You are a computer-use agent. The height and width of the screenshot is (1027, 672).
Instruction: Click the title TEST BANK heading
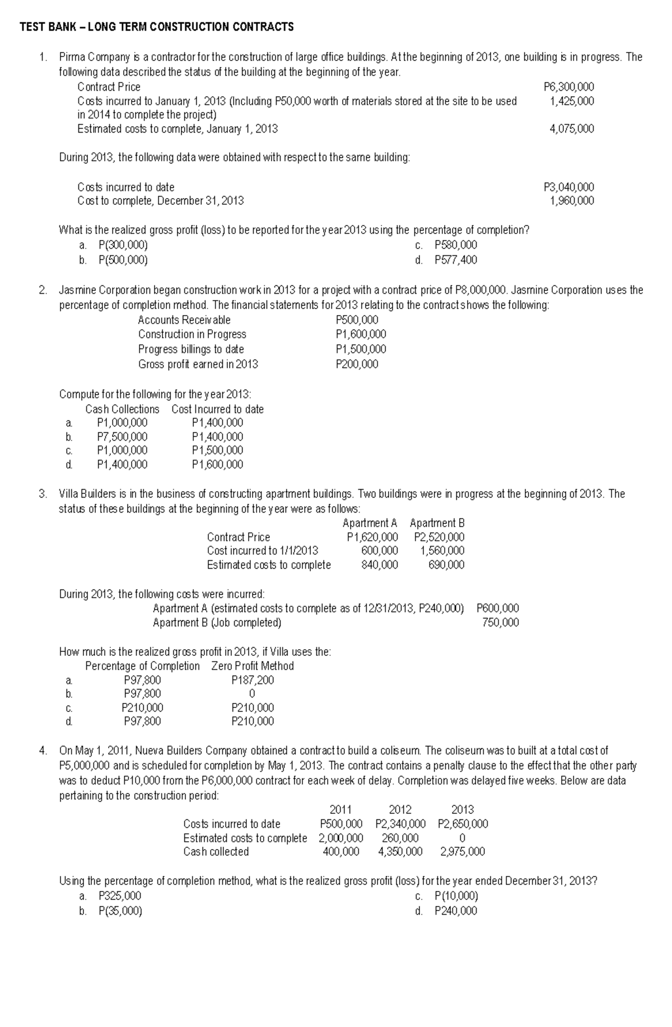[x=156, y=27]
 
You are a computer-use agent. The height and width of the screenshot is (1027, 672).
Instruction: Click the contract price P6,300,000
[x=569, y=87]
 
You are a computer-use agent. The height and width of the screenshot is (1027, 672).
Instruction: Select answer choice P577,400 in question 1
[x=456, y=260]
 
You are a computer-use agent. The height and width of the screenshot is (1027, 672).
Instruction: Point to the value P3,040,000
[x=569, y=187]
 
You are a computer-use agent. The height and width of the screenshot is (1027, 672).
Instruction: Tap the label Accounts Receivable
[x=184, y=320]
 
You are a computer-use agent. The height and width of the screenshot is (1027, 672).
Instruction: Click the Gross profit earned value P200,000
[x=357, y=364]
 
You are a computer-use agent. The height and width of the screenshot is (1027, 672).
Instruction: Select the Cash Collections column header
[x=122, y=409]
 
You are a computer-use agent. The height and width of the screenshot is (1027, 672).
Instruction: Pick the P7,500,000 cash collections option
[x=122, y=437]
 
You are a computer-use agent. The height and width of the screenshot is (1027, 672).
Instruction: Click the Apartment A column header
[x=370, y=523]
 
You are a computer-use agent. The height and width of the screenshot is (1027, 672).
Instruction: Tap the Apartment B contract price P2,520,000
[x=439, y=537]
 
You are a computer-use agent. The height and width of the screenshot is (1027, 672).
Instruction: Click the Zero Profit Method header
[x=253, y=666]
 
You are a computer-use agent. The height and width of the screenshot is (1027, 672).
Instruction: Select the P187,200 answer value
[x=253, y=680]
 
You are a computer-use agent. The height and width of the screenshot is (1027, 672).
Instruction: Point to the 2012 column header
[x=400, y=809]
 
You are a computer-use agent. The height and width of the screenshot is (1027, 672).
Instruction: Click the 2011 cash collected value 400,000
[x=341, y=851]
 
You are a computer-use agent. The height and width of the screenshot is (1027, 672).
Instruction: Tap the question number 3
[x=43, y=494]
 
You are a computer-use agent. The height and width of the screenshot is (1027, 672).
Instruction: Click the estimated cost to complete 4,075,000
[x=572, y=129]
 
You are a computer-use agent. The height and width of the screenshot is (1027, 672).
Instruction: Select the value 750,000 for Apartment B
[x=500, y=622]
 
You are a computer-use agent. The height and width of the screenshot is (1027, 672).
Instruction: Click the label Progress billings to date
[x=191, y=349]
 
